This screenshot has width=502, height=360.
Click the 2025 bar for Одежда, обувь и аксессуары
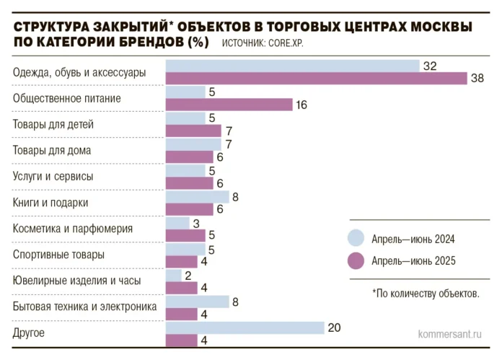coord(317,79)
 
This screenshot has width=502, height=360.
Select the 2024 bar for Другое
coord(245,328)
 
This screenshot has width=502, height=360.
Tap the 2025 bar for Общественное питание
coord(229,105)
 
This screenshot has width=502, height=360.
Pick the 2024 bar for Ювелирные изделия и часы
coord(174,275)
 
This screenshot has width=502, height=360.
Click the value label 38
coord(477,79)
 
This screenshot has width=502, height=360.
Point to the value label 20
coord(334,328)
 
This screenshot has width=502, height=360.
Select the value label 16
coord(301,105)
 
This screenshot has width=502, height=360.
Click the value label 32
coord(430,66)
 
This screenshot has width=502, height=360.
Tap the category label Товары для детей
coord(53,124)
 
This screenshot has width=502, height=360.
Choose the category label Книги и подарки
coord(50,203)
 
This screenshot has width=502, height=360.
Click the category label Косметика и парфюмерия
coord(73,229)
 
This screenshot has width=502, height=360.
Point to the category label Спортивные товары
coord(58,255)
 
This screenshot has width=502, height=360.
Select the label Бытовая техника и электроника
coord(84,307)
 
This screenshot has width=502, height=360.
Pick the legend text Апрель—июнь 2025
coord(413,261)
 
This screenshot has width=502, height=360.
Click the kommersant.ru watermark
coord(449,335)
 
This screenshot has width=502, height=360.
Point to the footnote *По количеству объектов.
coord(426,294)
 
